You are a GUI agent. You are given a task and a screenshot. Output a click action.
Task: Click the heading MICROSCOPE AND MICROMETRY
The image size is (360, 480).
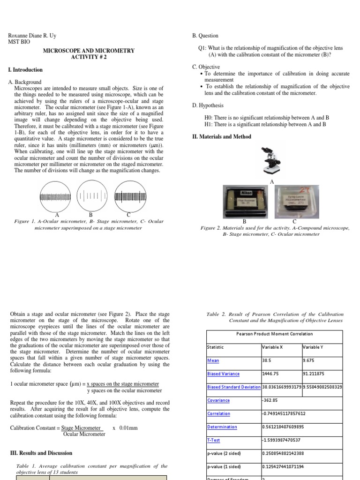[x=89, y=51]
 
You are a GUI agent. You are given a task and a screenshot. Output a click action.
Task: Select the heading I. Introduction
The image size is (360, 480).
[x=25, y=70]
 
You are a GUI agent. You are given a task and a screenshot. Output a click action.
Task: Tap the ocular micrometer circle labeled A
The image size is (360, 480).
[x=57, y=195]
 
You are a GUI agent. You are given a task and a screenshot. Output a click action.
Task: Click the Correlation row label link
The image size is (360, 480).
[x=218, y=413]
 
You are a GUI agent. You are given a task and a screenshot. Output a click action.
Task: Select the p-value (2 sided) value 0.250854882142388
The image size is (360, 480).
[x=289, y=453]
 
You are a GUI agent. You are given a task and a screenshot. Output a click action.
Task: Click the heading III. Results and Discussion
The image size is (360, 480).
[x=41, y=453]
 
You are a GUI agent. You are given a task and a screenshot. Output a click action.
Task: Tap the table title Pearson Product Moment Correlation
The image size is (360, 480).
[x=275, y=334]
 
